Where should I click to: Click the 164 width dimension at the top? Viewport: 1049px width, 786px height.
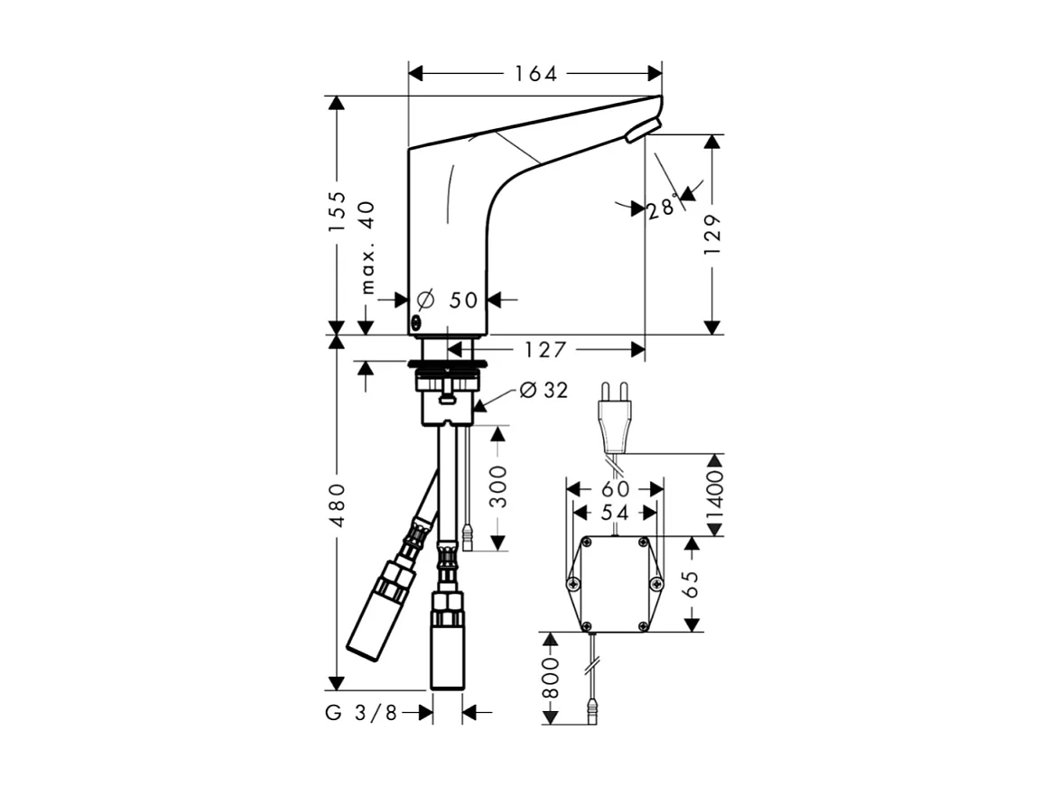pyautogui.click(x=535, y=74)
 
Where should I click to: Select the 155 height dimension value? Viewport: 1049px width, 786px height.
pyautogui.click(x=337, y=211)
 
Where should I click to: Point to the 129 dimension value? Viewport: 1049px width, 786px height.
pyautogui.click(x=712, y=234)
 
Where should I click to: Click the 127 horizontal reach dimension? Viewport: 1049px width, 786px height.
pyautogui.click(x=544, y=349)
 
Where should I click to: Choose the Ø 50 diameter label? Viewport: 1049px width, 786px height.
pyautogui.click(x=449, y=299)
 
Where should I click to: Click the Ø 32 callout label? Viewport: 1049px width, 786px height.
pyautogui.click(x=543, y=390)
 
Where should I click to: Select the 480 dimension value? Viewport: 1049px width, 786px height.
pyautogui.click(x=337, y=505)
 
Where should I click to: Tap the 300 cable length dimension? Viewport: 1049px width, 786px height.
pyautogui.click(x=497, y=487)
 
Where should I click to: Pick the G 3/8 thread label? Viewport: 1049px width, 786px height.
pyautogui.click(x=361, y=713)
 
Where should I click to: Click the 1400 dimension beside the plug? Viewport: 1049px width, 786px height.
pyautogui.click(x=714, y=494)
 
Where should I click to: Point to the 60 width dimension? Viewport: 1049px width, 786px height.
pyautogui.click(x=614, y=488)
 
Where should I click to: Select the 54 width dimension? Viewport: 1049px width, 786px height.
pyautogui.click(x=614, y=512)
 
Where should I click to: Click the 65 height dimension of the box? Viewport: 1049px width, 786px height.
pyautogui.click(x=692, y=584)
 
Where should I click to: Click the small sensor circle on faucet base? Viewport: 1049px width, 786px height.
pyautogui.click(x=416, y=322)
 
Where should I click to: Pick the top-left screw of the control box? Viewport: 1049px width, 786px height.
pyautogui.click(x=586, y=543)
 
